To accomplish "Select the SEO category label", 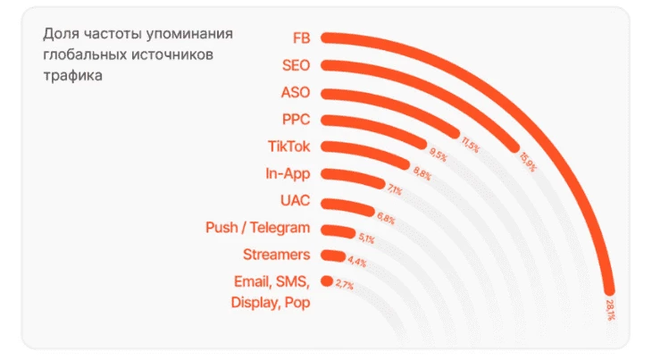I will tap(296, 65).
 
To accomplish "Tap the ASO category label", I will tap(296, 93).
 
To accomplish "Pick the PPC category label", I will tap(296, 120).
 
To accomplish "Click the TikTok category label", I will tap(288, 147).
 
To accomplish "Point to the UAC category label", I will tap(295, 202).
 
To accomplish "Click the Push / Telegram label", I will tap(257, 229).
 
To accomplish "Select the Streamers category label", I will tap(275, 255).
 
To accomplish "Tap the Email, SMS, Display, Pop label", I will tap(271, 292).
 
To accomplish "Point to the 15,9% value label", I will tap(528, 162).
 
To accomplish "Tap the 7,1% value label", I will tap(394, 190).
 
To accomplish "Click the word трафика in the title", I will tap(72, 76).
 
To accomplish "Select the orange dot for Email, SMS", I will tap(327, 280).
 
